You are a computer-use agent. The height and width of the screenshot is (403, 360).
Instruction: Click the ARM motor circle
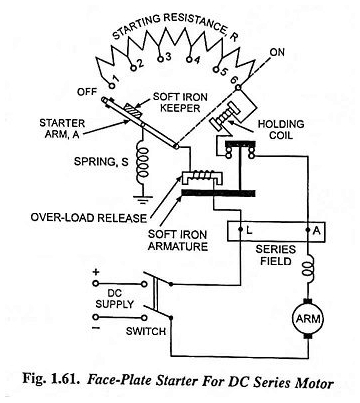(x=308, y=319)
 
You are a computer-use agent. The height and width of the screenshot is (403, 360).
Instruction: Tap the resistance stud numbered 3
(x=161, y=59)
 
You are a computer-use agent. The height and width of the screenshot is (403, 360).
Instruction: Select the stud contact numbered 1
(x=112, y=85)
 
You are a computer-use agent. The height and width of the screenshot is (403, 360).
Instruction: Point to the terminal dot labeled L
(x=240, y=230)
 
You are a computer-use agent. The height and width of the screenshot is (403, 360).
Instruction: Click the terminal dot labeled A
(x=308, y=230)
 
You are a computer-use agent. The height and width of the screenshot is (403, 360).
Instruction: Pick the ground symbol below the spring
(x=143, y=199)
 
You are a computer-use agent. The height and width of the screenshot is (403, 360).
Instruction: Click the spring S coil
(x=143, y=163)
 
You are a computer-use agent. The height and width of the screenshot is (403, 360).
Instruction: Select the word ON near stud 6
(x=277, y=52)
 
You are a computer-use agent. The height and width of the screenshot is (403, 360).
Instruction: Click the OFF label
(x=87, y=92)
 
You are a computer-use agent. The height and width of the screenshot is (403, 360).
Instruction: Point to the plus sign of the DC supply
(x=96, y=272)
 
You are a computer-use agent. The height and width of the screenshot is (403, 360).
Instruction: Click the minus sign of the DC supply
(x=96, y=328)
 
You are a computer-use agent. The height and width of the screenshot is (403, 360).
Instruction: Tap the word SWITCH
(x=146, y=331)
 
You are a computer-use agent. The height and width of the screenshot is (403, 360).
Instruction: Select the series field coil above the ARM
(x=308, y=265)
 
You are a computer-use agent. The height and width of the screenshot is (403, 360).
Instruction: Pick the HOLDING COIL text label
(x=281, y=130)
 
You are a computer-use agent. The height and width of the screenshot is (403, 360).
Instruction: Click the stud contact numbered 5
(x=216, y=70)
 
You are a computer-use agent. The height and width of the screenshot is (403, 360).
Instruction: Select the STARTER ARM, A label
(x=62, y=129)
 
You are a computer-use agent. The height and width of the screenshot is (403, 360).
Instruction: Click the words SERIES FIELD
(x=276, y=255)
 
